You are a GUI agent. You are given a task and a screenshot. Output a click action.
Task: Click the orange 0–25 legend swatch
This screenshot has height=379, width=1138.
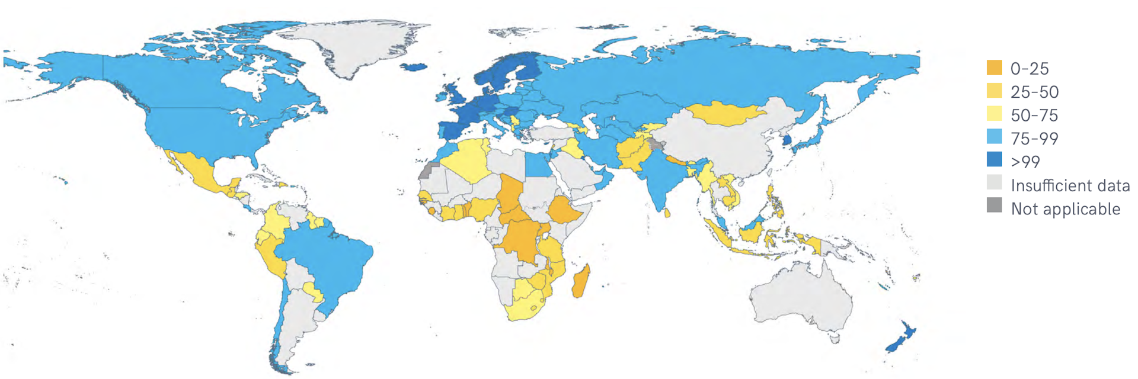click(994, 68)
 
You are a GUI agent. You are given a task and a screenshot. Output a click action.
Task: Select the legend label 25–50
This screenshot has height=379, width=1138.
click(1034, 92)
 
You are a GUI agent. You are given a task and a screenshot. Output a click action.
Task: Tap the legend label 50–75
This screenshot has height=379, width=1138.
click(1034, 115)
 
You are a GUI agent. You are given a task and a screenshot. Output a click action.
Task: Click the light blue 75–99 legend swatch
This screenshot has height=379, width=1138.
click(994, 138)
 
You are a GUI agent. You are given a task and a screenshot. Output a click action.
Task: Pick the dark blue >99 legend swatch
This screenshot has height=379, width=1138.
click(994, 160)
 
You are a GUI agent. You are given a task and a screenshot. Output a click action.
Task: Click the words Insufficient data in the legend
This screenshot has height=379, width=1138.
click(1070, 185)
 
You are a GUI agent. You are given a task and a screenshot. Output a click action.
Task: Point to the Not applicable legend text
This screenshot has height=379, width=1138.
click(1065, 208)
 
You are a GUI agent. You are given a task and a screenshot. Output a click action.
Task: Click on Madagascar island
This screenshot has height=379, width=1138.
click(581, 281)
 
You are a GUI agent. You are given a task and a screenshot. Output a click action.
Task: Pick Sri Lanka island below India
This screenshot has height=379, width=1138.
click(667, 213)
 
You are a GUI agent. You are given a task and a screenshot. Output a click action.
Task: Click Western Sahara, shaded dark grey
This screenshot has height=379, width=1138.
click(426, 172)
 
